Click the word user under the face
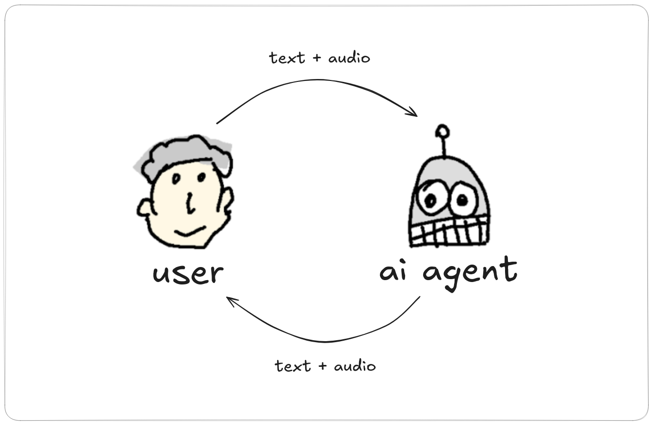click(x=188, y=273)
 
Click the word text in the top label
click(x=287, y=58)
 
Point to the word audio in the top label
click(x=349, y=57)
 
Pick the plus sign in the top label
click(x=317, y=58)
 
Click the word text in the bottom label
click(x=293, y=366)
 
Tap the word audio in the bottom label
click(x=355, y=365)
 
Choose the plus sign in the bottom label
click(x=323, y=366)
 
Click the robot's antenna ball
click(x=442, y=131)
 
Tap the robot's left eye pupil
click(x=431, y=201)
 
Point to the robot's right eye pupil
click(x=462, y=200)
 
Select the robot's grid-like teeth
click(x=449, y=232)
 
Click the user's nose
click(x=190, y=203)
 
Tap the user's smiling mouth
click(x=190, y=231)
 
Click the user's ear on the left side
click(x=144, y=207)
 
